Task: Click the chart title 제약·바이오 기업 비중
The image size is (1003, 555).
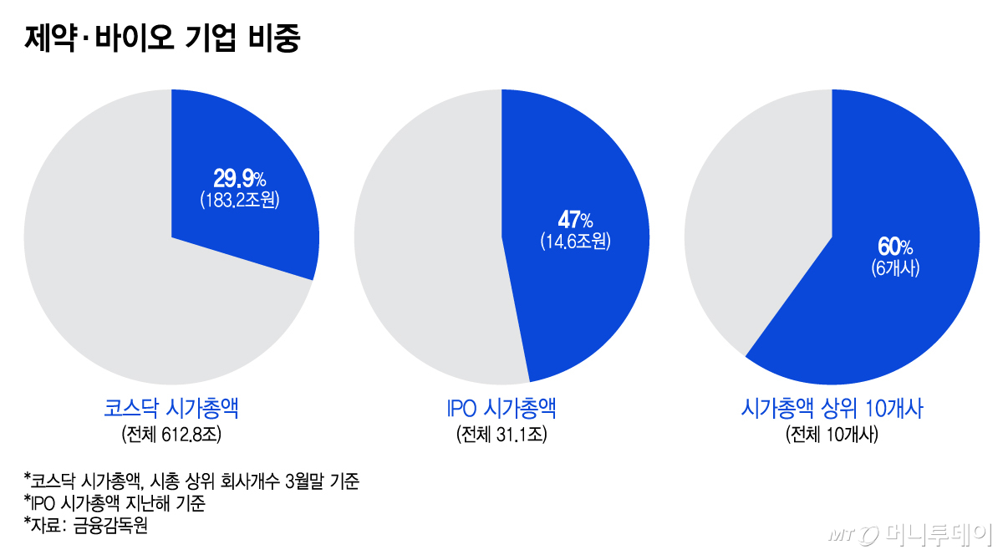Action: click(x=162, y=38)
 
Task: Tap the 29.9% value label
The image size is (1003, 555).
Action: click(x=239, y=178)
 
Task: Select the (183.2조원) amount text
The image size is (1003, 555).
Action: click(x=239, y=201)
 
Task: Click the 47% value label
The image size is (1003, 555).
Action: click(x=575, y=220)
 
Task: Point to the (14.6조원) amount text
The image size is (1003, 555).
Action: click(x=575, y=242)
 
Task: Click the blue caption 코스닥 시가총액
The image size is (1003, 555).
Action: click(x=171, y=409)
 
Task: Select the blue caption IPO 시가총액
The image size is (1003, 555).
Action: click(x=501, y=409)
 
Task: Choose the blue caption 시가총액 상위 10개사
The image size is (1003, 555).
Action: click(x=832, y=409)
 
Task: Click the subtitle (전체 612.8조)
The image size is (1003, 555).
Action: click(x=171, y=435)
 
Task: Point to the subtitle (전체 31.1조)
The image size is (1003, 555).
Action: click(x=501, y=435)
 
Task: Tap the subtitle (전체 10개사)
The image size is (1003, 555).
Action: click(x=832, y=435)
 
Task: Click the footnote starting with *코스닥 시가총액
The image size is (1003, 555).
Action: click(x=192, y=481)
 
